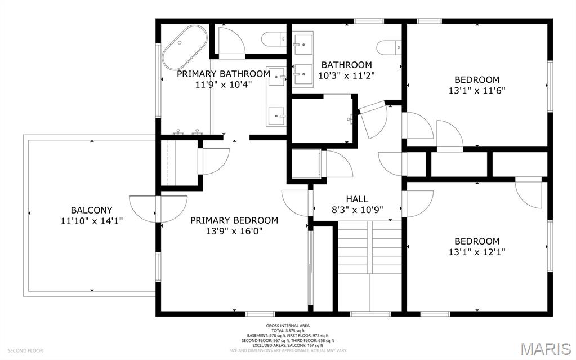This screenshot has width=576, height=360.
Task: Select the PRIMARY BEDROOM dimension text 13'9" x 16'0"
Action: point(234,230)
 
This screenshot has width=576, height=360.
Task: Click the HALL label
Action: point(357,199)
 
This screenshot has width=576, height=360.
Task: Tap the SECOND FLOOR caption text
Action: point(22,350)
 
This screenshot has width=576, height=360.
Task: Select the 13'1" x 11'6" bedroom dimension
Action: point(477,90)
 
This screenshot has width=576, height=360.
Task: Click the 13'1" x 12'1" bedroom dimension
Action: point(477,252)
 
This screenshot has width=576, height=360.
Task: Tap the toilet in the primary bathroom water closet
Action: point(274,39)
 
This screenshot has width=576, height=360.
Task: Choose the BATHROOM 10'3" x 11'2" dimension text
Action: point(346,75)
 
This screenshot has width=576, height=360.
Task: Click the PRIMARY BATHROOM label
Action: point(224,74)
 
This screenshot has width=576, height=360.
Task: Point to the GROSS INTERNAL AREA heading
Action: point(288,326)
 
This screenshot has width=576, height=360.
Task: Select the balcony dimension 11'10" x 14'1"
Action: point(91,221)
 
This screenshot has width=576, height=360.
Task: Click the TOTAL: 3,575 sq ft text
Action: point(288,331)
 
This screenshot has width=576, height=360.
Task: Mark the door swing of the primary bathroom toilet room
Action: point(231,39)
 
